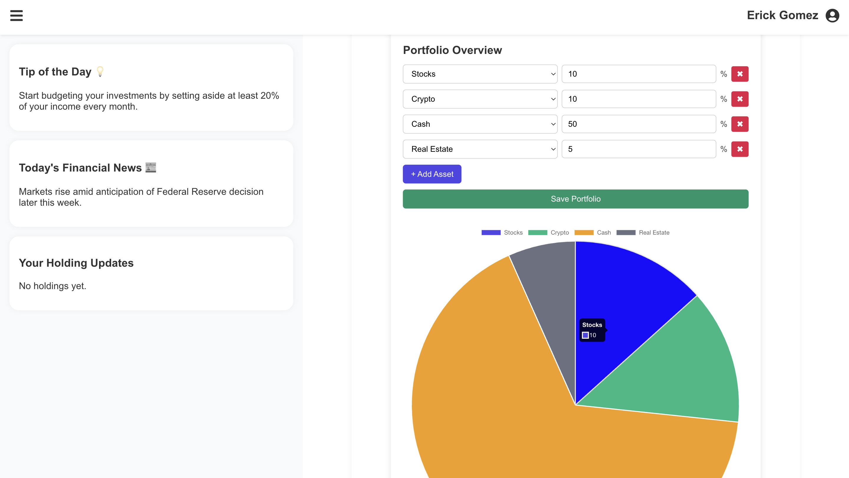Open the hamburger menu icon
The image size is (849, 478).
16,16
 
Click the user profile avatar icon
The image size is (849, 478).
832,16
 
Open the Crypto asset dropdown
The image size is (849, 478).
480,99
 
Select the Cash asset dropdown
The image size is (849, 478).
480,124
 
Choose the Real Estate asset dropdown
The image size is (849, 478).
480,149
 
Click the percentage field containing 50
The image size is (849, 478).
639,124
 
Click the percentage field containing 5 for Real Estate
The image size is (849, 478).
639,149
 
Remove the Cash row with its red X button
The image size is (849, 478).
740,124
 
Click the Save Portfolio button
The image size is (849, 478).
575,199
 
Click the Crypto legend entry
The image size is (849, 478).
548,233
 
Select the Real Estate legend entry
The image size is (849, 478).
643,233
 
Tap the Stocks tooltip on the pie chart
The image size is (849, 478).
592,330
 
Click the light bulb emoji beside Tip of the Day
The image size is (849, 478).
100,72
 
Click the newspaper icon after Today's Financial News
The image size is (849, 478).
151,167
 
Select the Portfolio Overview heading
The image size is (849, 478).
452,50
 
